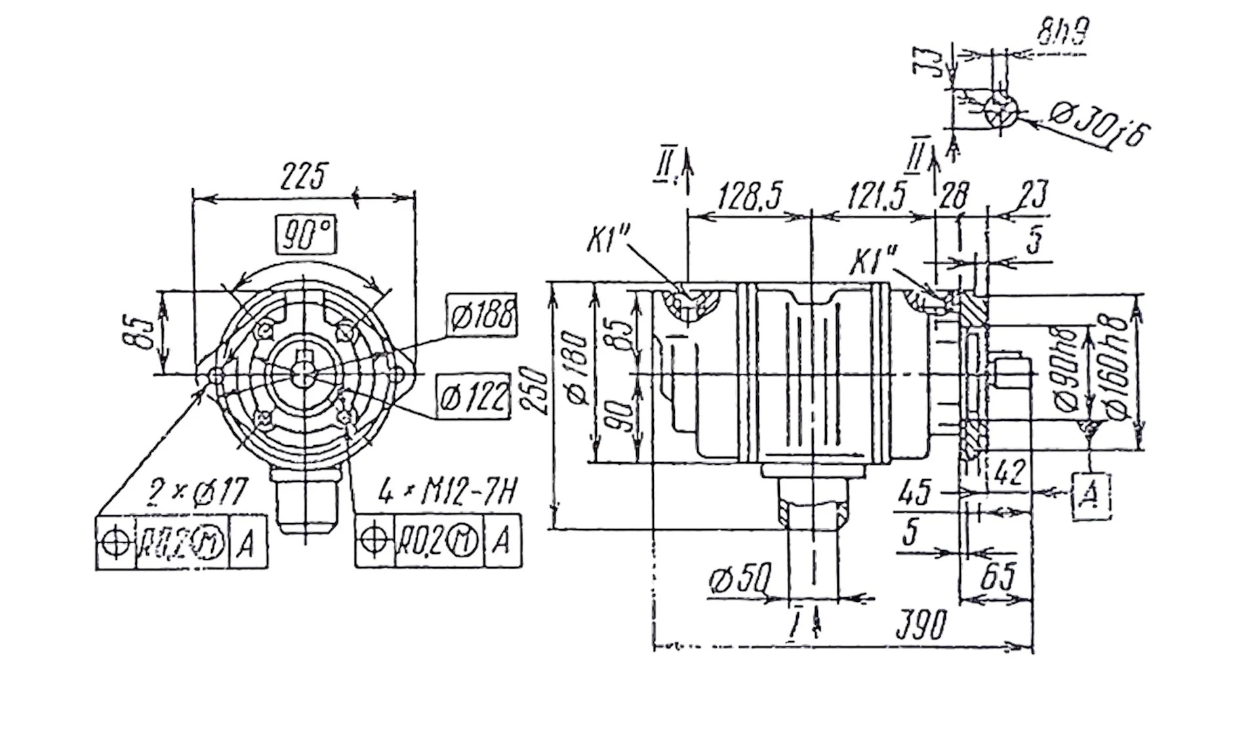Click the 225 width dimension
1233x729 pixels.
[303, 175]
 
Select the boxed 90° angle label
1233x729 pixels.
[306, 233]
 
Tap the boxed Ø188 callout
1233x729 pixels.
[482, 315]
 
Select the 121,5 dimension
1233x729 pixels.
[876, 196]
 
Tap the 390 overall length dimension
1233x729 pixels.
[921, 623]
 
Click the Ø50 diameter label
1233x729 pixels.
[740, 580]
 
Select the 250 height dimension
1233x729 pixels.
[537, 389]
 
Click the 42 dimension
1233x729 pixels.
[1010, 472]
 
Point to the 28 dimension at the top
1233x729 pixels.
[954, 196]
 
